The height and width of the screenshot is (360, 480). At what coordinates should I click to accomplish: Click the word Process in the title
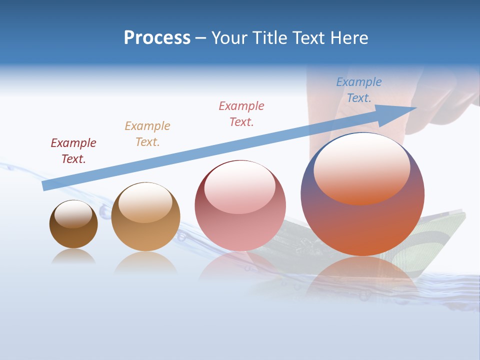pos(157,38)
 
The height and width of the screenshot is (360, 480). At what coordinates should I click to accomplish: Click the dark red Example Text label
pos(73,151)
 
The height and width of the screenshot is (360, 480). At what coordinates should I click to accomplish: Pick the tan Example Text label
pos(147,134)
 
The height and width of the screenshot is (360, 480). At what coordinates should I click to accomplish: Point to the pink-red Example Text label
pos(241,114)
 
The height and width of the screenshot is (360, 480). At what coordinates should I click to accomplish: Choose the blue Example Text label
pos(359,90)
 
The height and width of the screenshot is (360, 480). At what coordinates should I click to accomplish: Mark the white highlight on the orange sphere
pos(361,167)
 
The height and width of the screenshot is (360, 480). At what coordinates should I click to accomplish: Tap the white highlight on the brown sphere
pos(73,214)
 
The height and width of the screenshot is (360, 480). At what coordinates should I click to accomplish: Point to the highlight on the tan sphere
pos(145,202)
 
